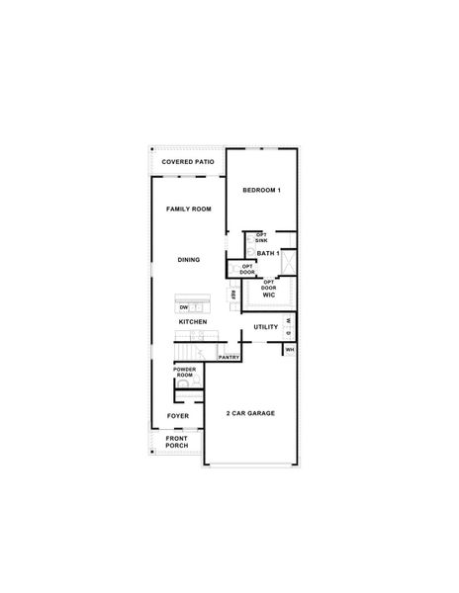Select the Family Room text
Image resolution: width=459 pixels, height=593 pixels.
(x=188, y=210)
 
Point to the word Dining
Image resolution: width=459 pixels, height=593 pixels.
(x=189, y=260)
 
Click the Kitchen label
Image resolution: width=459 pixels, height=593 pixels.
(x=192, y=323)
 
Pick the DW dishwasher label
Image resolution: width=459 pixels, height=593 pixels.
(x=184, y=307)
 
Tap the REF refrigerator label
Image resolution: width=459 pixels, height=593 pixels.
(x=233, y=295)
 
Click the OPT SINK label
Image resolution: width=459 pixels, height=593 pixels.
(x=261, y=238)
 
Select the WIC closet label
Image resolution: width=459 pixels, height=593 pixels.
(x=268, y=295)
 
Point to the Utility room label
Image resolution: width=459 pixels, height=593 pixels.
(x=265, y=326)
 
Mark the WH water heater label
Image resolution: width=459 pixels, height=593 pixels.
(x=290, y=349)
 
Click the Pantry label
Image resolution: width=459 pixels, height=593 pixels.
(x=229, y=357)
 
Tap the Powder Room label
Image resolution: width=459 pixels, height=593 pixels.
(x=184, y=374)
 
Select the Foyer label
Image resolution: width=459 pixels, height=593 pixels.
(x=178, y=416)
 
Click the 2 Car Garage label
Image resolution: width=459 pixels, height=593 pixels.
(x=250, y=412)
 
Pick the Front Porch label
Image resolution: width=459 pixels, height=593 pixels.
(x=177, y=442)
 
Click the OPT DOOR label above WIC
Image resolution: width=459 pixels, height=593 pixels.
(x=268, y=283)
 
